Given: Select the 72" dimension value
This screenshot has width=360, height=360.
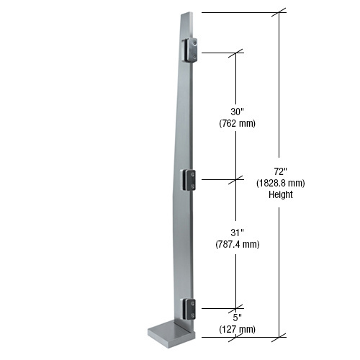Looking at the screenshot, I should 280,171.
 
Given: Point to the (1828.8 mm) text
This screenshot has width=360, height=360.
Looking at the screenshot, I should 280,183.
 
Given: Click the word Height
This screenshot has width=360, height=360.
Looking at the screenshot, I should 280,194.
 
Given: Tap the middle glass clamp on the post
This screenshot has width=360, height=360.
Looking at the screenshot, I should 189,179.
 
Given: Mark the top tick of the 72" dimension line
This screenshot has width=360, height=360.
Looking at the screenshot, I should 280,12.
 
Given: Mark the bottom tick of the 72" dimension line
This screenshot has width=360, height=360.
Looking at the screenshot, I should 280,336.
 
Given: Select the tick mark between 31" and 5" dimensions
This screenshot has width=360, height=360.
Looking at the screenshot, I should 237,308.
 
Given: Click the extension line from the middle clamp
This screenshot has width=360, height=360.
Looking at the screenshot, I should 216,179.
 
